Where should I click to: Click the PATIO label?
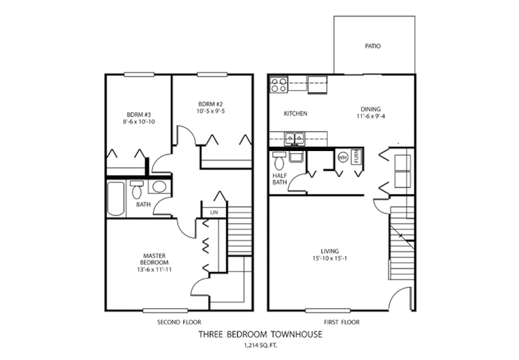(x=372, y=46)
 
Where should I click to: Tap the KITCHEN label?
(x=295, y=113)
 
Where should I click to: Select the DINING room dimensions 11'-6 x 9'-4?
(x=371, y=117)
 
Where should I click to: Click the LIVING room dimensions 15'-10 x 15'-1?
(x=334, y=260)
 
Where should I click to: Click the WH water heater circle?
(x=342, y=158)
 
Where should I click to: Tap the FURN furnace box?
(x=355, y=157)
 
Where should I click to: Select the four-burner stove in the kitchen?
(x=279, y=85)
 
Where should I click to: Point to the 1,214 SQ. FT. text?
(x=260, y=347)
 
